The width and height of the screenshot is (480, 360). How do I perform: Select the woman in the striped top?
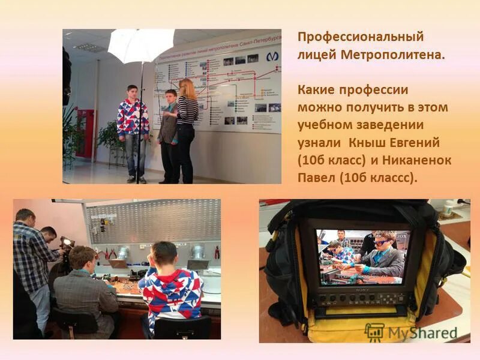pos(186,114)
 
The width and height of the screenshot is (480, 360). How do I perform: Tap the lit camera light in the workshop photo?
pos(66,242)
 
